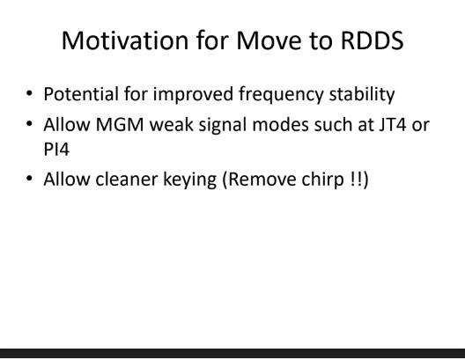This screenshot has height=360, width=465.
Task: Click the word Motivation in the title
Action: pyautogui.click(x=125, y=40)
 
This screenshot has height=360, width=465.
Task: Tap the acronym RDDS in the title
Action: pyautogui.click(x=373, y=40)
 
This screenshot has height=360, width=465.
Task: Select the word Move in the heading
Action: pyautogui.click(x=269, y=40)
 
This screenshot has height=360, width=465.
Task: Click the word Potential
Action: pyautogui.click(x=81, y=94)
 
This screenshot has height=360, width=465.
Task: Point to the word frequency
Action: pyautogui.click(x=281, y=95)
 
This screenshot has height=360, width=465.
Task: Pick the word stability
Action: pyautogui.click(x=362, y=94)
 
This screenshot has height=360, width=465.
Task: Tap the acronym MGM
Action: pyautogui.click(x=120, y=124)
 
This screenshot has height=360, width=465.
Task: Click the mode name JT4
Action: pyautogui.click(x=393, y=124)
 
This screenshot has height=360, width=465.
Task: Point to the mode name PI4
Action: pyautogui.click(x=56, y=149)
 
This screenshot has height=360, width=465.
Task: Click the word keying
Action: pyautogui.click(x=190, y=180)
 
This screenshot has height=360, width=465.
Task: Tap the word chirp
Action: pyautogui.click(x=322, y=180)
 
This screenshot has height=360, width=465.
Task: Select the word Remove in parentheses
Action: pyautogui.click(x=262, y=180)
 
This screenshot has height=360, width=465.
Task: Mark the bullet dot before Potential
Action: pyautogui.click(x=29, y=93)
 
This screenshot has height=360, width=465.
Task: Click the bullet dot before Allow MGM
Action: pyautogui.click(x=29, y=123)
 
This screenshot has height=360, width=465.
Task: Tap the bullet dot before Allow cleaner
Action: pyautogui.click(x=29, y=179)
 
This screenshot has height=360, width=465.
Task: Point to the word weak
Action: pyautogui.click(x=171, y=124)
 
